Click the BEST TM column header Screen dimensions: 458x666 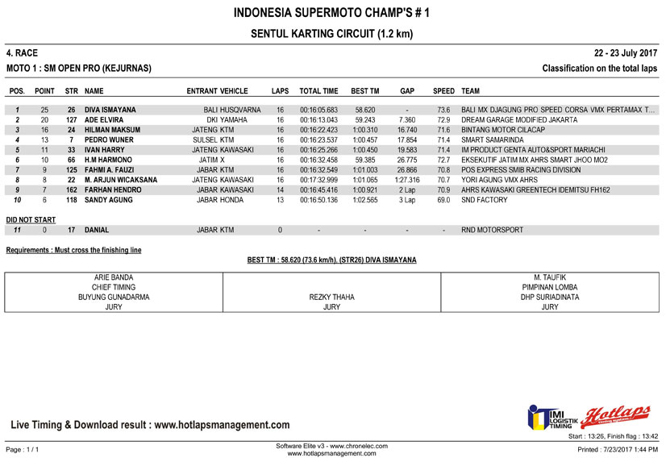click(365, 91)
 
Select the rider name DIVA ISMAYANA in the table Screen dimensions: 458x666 click(110, 110)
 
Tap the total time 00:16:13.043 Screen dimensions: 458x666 click(318, 119)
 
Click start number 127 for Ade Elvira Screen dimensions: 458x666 click(71, 119)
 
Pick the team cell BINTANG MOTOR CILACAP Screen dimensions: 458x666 click(503, 129)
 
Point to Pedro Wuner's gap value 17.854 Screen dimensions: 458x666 click(407, 139)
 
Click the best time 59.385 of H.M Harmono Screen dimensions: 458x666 click(365, 160)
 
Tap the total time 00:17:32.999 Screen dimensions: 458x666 click(318, 180)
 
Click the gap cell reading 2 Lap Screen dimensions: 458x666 click(407, 189)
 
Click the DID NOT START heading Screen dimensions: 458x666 click(31, 219)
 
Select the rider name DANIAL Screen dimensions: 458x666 click(97, 230)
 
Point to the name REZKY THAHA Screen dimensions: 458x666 click(331, 297)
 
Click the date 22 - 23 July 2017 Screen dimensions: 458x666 click(626, 52)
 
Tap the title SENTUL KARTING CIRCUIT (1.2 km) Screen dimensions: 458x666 click(332, 34)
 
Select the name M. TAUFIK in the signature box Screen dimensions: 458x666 click(550, 277)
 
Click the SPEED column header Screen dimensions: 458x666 click(443, 91)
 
